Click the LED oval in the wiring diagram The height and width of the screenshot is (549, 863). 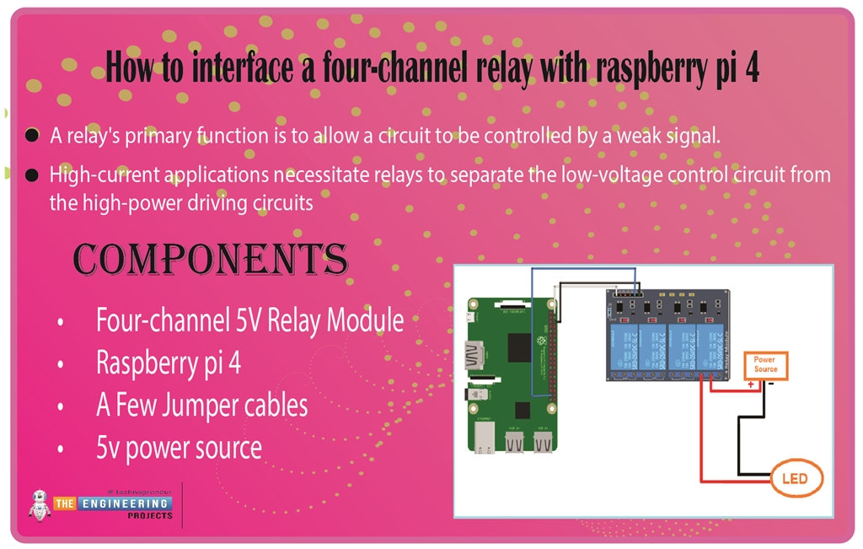[x=795, y=478]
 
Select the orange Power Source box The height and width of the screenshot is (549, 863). [x=765, y=365]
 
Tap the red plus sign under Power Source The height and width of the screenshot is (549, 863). [x=750, y=385]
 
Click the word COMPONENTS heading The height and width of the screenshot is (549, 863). [x=210, y=260]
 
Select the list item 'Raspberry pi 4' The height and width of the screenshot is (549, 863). [x=169, y=363]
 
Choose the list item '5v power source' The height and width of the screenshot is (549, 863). [x=179, y=447]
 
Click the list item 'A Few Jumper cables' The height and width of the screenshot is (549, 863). [x=201, y=405]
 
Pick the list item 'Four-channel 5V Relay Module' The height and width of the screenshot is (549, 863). [x=249, y=320]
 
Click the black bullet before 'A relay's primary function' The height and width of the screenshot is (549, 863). [x=32, y=136]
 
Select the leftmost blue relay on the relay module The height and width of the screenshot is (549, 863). [x=624, y=346]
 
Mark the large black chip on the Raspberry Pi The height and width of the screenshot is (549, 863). [x=520, y=347]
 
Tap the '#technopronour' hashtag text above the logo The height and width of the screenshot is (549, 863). [x=139, y=491]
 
